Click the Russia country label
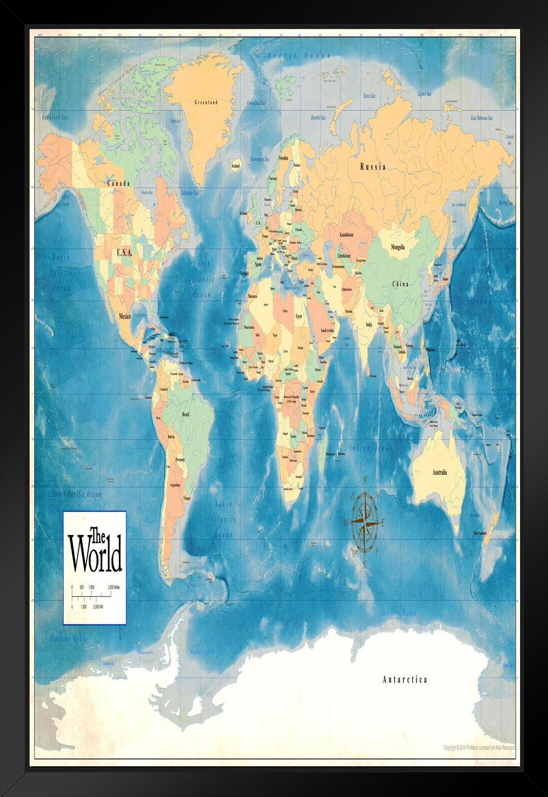pos(373,167)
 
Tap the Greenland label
pos(206,103)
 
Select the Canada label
pos(118,183)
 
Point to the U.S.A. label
pos(124,253)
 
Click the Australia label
pos(439,472)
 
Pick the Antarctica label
pos(404,680)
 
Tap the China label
pos(400,284)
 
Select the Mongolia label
pos(398,247)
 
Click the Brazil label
pos(188,415)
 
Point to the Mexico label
pos(125,316)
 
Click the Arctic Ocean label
pos(299,55)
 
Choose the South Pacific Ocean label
pos(77,494)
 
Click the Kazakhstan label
pos(347,235)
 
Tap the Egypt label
pos(299,317)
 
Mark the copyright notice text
pos(480,748)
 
